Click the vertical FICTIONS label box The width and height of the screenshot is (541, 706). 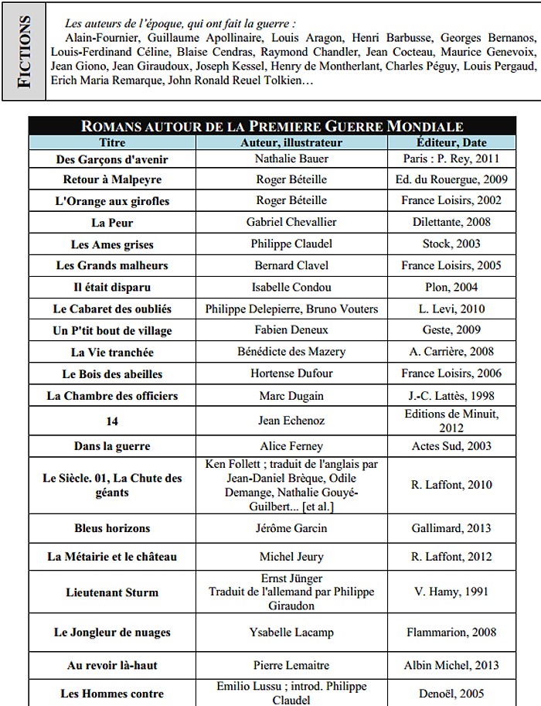pos(24,51)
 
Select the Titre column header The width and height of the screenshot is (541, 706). pos(113,142)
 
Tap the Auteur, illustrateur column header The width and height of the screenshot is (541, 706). pos(291,142)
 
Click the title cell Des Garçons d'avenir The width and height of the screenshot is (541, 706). pos(113,159)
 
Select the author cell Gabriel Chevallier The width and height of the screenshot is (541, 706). pos(291,223)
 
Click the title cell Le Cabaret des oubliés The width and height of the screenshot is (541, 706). pos(113,309)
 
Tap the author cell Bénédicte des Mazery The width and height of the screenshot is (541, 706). pos(291,352)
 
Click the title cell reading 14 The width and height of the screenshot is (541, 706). pos(113,421)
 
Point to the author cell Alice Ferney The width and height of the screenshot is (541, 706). pos(291,446)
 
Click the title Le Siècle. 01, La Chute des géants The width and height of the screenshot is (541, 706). pos(113,485)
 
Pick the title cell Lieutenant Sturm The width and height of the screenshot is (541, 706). pos(113,592)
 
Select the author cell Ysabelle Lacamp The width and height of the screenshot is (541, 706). pos(291,632)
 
